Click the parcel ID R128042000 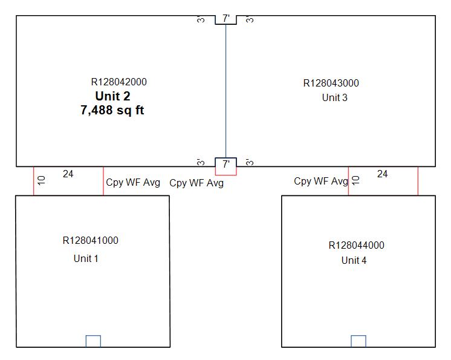pyautogui.click(x=119, y=82)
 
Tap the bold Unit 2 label pyautogui.click(x=112, y=96)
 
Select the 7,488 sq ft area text pyautogui.click(x=112, y=110)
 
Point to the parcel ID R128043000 pyautogui.click(x=331, y=83)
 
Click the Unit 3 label pyautogui.click(x=334, y=97)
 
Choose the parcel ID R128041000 pyautogui.click(x=91, y=241)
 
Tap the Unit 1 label pyautogui.click(x=86, y=258)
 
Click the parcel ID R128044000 pyautogui.click(x=357, y=246)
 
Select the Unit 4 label pyautogui.click(x=354, y=261)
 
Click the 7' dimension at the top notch pyautogui.click(x=226, y=19)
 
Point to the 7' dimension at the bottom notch pyautogui.click(x=226, y=164)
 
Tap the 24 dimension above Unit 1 pyautogui.click(x=68, y=174)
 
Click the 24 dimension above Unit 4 pyautogui.click(x=383, y=174)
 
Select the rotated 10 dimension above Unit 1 pyautogui.click(x=41, y=181)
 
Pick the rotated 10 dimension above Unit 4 pyautogui.click(x=355, y=180)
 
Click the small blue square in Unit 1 pyautogui.click(x=93, y=341)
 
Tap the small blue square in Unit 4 pyautogui.click(x=359, y=341)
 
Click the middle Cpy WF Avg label pyautogui.click(x=196, y=183)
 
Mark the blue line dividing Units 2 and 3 pyautogui.click(x=226, y=91)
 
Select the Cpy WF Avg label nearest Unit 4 pyautogui.click(x=321, y=182)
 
